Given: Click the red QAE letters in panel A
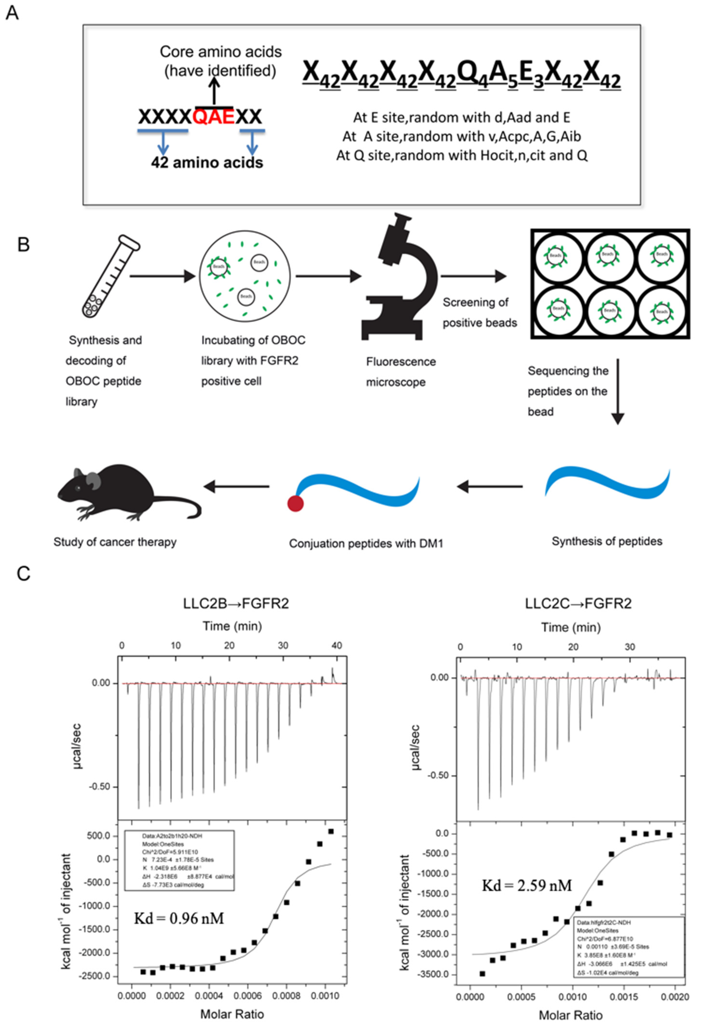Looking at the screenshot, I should tap(214, 117).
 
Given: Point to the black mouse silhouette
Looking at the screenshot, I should tap(126, 494).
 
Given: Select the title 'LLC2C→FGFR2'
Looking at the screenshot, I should tap(578, 603).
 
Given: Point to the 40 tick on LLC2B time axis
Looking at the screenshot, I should tap(337, 645).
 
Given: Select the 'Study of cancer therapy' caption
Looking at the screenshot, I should tap(115, 542).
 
